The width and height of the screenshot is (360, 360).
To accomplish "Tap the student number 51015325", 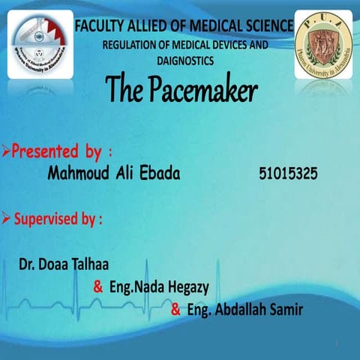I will [x=287, y=174].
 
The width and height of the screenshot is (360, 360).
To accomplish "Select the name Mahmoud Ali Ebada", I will [x=115, y=174].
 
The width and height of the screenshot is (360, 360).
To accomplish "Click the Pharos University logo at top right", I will [x=323, y=45].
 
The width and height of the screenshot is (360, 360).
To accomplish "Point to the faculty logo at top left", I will [x=40, y=45].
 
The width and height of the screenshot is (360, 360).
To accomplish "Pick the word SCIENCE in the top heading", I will [x=264, y=26].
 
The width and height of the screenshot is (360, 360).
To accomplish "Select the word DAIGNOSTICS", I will [x=185, y=59].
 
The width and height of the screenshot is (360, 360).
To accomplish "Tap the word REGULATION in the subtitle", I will [x=132, y=45].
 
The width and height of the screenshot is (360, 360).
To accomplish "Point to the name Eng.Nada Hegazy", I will [x=159, y=287].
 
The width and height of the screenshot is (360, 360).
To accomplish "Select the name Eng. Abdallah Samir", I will [x=244, y=310].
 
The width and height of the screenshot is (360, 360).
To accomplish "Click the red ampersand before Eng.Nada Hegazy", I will [x=97, y=287].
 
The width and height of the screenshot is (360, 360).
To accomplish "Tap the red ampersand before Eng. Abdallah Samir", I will [x=175, y=310].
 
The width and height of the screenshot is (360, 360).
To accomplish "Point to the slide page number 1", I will [x=339, y=344].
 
